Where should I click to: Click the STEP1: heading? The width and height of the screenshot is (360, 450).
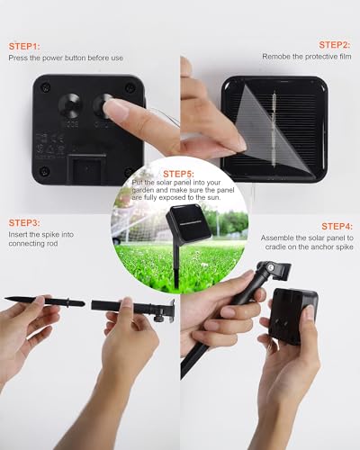tap(24, 47)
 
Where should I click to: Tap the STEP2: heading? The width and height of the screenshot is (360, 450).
tap(335, 45)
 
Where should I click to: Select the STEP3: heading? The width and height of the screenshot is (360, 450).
tap(24, 223)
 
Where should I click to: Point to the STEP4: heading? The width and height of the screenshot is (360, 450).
tap(337, 226)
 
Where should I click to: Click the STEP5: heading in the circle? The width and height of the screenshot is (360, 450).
tap(179, 174)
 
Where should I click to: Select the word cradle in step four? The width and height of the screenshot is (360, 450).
tap(275, 247)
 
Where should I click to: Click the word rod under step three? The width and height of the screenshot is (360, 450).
tap(52, 244)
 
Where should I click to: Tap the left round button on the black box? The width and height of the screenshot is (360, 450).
tap(70, 104)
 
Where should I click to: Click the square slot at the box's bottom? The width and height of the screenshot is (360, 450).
tap(87, 169)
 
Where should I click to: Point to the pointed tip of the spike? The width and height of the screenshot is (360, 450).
tap(5, 299)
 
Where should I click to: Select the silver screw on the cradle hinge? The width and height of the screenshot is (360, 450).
tap(271, 266)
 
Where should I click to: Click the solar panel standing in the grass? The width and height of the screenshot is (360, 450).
tap(188, 222)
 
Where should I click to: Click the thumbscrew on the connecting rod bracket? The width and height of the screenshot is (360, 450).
tap(159, 318)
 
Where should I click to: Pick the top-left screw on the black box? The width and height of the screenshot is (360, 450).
tap(46, 87)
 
